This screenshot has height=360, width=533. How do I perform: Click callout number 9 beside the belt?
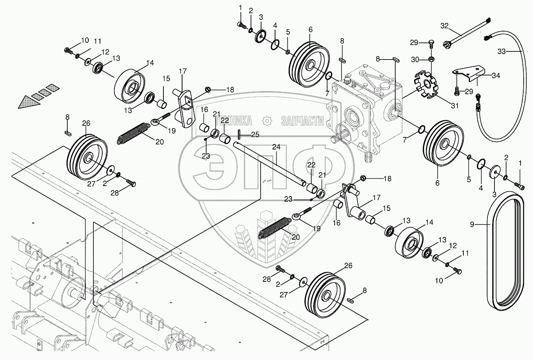pyautogui.click(x=472, y=224)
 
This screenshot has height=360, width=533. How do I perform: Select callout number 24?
pyautogui.click(x=276, y=147)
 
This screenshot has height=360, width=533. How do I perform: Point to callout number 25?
pyautogui.click(x=255, y=135)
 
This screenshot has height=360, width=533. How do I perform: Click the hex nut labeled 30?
pyautogui.click(x=431, y=60)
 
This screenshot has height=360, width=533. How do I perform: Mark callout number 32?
pyautogui.click(x=444, y=26)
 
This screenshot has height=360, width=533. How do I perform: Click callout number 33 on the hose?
pyautogui.click(x=502, y=51)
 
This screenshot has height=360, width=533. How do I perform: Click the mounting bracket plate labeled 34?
pyautogui.click(x=469, y=74)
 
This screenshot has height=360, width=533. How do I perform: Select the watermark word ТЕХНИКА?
pyautogui.click(x=233, y=121)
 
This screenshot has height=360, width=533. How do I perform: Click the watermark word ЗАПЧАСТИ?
pyautogui.click(x=303, y=121)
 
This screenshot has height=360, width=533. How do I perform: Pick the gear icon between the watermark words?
pyautogui.click(x=267, y=121)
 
